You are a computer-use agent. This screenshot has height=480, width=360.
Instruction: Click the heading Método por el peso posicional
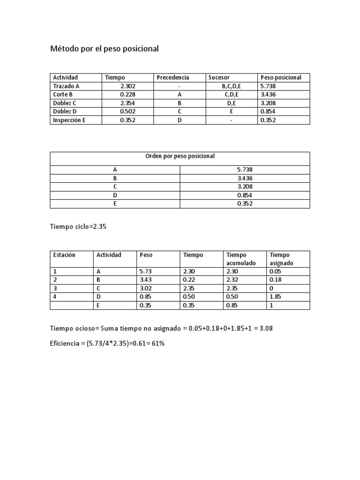(105, 49)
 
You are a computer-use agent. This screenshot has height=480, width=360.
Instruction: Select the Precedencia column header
(173, 77)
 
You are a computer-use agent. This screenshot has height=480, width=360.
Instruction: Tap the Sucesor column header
(219, 77)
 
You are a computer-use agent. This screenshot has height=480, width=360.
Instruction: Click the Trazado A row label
(66, 86)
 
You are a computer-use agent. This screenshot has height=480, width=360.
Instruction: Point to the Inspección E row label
(69, 120)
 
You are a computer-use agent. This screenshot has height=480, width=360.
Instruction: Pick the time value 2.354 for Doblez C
(127, 103)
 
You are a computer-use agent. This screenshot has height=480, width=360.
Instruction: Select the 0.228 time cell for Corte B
(127, 95)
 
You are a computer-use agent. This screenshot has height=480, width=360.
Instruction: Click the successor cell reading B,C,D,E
(231, 86)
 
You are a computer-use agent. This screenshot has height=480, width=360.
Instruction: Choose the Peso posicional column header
(281, 77)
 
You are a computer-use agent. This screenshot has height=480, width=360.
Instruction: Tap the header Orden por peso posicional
(180, 156)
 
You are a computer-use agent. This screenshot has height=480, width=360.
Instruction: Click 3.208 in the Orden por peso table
(245, 187)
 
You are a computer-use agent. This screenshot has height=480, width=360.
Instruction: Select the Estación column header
(64, 255)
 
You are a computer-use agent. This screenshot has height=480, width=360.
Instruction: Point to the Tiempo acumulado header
(241, 259)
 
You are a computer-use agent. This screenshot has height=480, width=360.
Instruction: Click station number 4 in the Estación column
(55, 297)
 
